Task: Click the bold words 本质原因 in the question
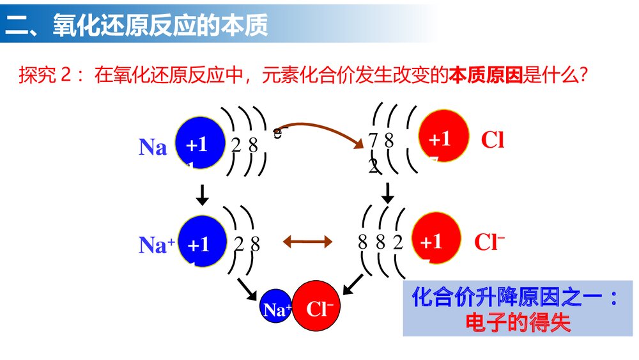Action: point(485,76)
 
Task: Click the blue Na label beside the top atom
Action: point(153,147)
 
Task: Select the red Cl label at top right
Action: point(492,140)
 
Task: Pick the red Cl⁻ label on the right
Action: point(489,242)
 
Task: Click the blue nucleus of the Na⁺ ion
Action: point(200,243)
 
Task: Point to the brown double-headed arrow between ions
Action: point(308,241)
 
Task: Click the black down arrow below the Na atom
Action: point(203,194)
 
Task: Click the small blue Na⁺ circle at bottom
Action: point(276,310)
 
